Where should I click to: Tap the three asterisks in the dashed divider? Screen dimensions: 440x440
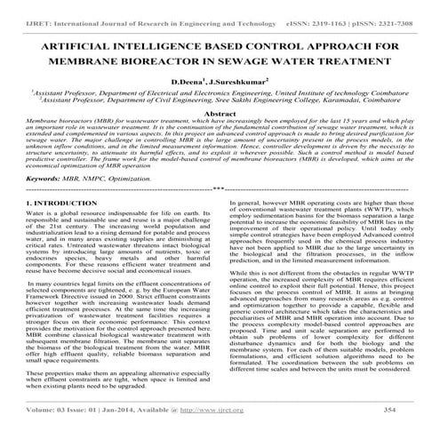[x=220, y=214]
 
